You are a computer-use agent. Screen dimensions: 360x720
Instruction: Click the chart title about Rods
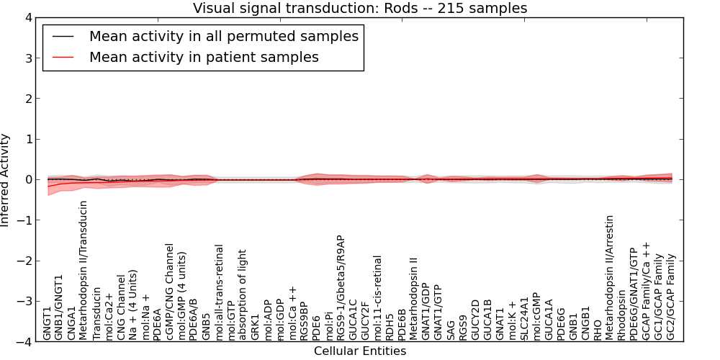(x=360, y=9)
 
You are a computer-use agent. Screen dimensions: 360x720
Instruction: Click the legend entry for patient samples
(x=204, y=57)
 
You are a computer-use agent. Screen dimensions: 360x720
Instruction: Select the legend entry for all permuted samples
(x=223, y=36)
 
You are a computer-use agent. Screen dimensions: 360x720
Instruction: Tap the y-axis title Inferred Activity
(x=6, y=180)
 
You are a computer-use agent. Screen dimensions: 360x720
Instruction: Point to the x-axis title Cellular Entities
(x=360, y=351)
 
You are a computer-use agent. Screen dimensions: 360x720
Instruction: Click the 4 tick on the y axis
(x=28, y=18)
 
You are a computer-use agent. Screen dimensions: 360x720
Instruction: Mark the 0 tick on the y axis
(x=28, y=180)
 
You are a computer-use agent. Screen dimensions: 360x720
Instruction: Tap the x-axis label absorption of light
(x=243, y=294)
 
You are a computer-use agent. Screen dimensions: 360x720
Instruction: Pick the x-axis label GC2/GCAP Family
(x=671, y=297)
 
